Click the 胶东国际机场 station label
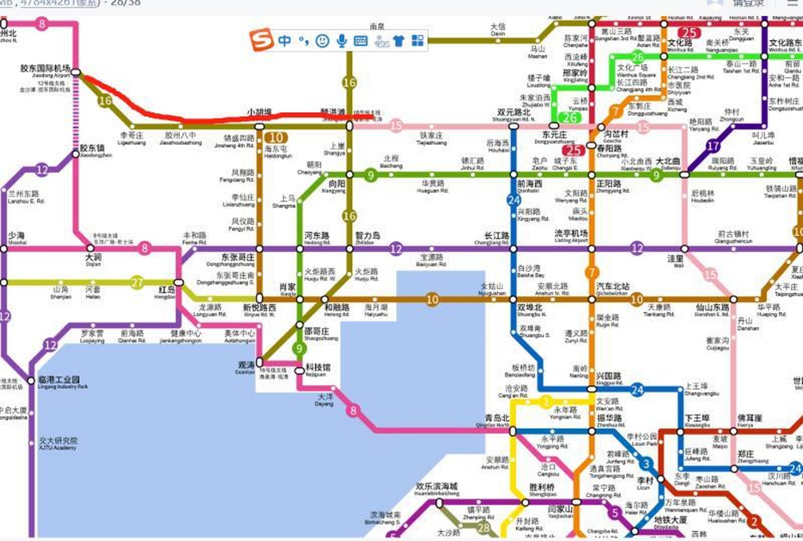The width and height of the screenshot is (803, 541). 45,68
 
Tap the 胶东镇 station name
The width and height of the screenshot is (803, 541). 92,148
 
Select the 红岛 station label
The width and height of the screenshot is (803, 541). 167,290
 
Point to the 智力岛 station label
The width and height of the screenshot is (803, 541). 367,236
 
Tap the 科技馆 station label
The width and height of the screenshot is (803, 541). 318,367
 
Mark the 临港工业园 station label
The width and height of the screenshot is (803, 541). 59,380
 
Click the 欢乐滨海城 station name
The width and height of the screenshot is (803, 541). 437,486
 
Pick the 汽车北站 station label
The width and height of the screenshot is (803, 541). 613,287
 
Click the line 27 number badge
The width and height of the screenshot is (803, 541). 137,282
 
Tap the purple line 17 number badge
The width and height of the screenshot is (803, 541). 713,146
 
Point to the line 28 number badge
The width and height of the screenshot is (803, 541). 483,527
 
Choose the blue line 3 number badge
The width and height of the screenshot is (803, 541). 646,464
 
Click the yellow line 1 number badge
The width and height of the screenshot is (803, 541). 546,402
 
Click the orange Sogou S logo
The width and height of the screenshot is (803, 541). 261,40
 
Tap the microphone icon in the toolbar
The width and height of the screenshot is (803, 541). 341,41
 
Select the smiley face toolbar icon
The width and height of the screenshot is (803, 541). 322,41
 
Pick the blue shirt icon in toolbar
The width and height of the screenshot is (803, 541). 399,41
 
